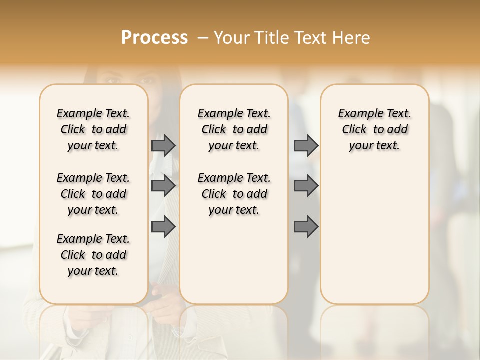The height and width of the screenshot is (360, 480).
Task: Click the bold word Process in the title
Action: click(x=154, y=38)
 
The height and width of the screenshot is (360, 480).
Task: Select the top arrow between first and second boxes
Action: click(x=163, y=145)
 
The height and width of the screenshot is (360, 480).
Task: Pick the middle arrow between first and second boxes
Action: click(x=163, y=186)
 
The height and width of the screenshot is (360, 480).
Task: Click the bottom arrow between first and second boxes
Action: click(x=163, y=227)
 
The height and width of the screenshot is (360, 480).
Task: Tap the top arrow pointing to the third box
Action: click(x=306, y=145)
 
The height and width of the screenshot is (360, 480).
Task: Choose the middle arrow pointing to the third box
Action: click(x=306, y=186)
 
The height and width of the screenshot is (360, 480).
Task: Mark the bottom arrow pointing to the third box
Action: click(x=306, y=227)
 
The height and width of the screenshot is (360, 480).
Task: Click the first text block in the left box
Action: click(x=93, y=129)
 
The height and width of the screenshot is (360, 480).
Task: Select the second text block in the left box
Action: click(x=93, y=194)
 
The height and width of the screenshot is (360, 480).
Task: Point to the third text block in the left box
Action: click(x=93, y=255)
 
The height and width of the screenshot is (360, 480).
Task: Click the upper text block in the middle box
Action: click(x=234, y=129)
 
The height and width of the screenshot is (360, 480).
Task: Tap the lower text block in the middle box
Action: click(x=234, y=194)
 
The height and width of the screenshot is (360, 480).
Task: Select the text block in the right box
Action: click(x=375, y=129)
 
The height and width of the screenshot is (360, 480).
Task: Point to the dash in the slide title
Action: click(x=203, y=38)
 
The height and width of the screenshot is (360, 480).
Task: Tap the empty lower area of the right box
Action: click(x=375, y=235)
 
